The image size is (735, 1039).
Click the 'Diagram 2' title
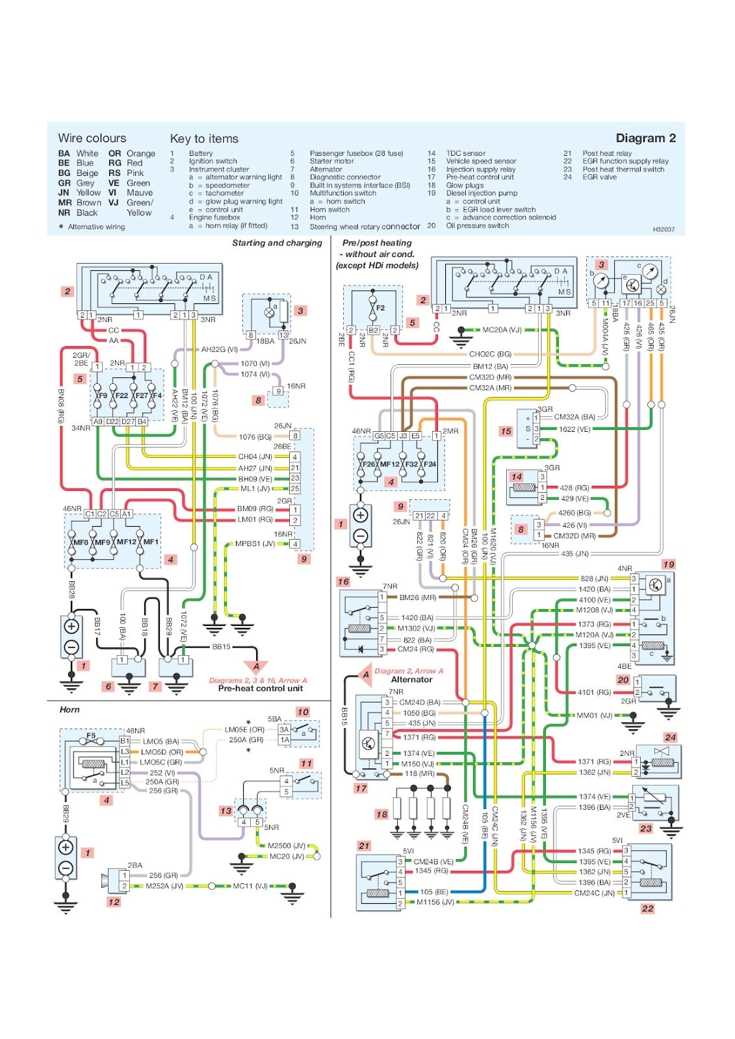point(645,138)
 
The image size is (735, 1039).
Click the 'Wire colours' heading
point(92,138)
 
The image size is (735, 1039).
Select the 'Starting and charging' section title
point(277,243)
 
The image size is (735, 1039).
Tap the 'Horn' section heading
point(70,710)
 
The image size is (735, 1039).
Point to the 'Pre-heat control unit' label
point(260,688)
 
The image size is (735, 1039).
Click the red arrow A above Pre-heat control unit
point(256,666)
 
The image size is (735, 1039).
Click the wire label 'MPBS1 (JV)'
point(255,544)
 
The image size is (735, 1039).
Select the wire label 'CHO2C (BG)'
point(490,354)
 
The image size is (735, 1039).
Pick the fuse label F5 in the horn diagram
point(91,736)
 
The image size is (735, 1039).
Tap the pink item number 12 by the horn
point(114,902)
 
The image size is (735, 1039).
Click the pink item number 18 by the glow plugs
point(381,814)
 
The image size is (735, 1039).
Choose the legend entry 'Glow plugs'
point(465,185)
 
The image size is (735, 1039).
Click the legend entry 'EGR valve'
point(599,177)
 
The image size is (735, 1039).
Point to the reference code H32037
point(664,229)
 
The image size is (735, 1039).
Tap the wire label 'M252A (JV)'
point(164,886)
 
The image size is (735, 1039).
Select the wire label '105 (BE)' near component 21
point(433,892)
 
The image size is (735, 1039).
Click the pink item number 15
point(506,431)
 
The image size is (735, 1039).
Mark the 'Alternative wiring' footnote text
point(96,227)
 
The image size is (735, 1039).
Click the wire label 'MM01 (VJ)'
point(594,715)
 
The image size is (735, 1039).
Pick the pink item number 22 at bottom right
point(647,908)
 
